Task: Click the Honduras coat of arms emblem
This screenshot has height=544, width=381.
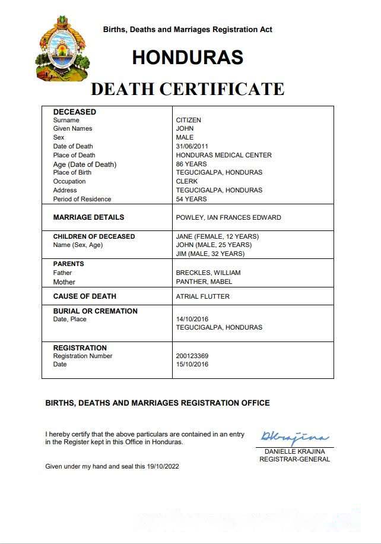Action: click(x=63, y=49)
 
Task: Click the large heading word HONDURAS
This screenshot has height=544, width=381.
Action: click(x=188, y=57)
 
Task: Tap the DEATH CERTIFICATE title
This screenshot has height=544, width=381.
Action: click(x=188, y=89)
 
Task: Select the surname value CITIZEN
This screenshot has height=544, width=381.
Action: click(x=189, y=120)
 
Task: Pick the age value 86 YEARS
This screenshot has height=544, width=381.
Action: click(x=191, y=164)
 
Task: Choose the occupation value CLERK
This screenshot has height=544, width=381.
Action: click(x=187, y=181)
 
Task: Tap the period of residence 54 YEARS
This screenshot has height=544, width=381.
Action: click(x=191, y=199)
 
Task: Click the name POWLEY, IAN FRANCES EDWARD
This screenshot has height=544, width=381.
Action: click(x=228, y=217)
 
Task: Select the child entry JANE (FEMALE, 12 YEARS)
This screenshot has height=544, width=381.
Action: click(x=217, y=236)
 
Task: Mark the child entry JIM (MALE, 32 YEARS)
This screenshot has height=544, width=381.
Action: click(x=210, y=254)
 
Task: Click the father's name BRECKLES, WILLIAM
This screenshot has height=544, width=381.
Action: click(x=208, y=273)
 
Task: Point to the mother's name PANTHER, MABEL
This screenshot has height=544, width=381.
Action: click(x=204, y=282)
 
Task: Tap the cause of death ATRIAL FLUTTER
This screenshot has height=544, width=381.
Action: click(x=202, y=296)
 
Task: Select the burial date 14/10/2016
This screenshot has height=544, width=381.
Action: click(x=192, y=319)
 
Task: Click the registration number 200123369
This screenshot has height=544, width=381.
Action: click(x=192, y=356)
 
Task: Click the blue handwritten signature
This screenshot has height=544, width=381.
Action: click(x=294, y=438)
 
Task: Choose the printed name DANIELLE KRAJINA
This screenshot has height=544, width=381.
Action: click(x=294, y=451)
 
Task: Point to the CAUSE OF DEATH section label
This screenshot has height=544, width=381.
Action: click(x=84, y=296)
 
